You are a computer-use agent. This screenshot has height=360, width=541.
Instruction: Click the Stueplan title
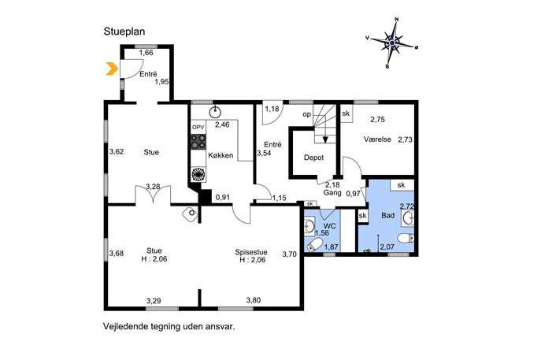click(124, 32)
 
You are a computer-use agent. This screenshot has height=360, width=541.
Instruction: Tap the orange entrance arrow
click(111, 69)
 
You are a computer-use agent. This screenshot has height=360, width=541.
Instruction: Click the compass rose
click(392, 43)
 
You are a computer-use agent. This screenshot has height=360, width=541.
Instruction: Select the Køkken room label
click(220, 156)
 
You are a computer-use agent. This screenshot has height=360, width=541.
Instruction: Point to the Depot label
click(314, 158)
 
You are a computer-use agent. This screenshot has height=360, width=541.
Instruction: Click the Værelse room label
click(377, 139)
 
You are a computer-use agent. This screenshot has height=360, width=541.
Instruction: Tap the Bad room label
click(387, 216)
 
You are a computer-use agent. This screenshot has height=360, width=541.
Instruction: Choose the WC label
click(330, 226)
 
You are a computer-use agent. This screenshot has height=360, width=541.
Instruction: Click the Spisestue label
click(251, 252)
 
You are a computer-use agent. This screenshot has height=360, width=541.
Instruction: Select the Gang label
click(332, 193)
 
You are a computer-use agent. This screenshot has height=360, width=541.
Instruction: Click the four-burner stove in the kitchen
click(198, 142)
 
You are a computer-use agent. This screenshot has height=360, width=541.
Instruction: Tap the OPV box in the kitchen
click(198, 127)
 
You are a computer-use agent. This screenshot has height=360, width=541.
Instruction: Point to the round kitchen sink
click(216, 111)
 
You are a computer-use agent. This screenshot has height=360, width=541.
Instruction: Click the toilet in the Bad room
click(406, 238)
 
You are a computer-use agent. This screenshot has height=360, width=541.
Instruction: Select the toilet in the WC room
click(313, 245)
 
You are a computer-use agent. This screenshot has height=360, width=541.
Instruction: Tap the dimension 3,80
click(254, 300)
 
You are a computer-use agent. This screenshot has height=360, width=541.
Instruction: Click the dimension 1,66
click(146, 53)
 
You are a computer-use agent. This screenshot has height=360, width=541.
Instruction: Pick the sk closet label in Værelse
click(346, 113)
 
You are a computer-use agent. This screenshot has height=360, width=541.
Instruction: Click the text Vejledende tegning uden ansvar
click(169, 326)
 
